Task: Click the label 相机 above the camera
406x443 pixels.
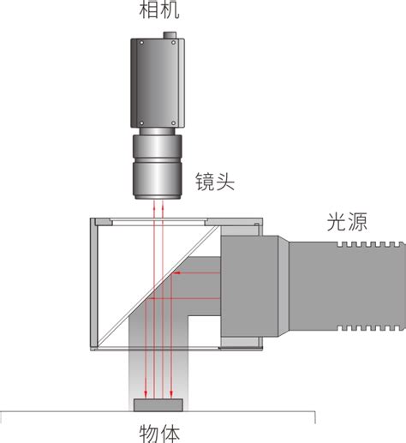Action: coord(159,10)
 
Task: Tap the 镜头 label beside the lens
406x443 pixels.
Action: coord(215,182)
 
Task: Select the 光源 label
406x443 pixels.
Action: coord(347,222)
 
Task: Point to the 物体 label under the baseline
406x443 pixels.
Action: coord(159,434)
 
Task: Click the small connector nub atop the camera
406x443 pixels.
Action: coord(170,35)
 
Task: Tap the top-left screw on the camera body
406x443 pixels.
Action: coord(141,43)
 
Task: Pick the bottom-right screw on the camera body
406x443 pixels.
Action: coord(173,123)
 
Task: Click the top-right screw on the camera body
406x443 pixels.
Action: coord(173,43)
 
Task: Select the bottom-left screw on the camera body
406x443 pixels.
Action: coord(141,123)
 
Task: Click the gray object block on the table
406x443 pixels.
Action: coord(158,405)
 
